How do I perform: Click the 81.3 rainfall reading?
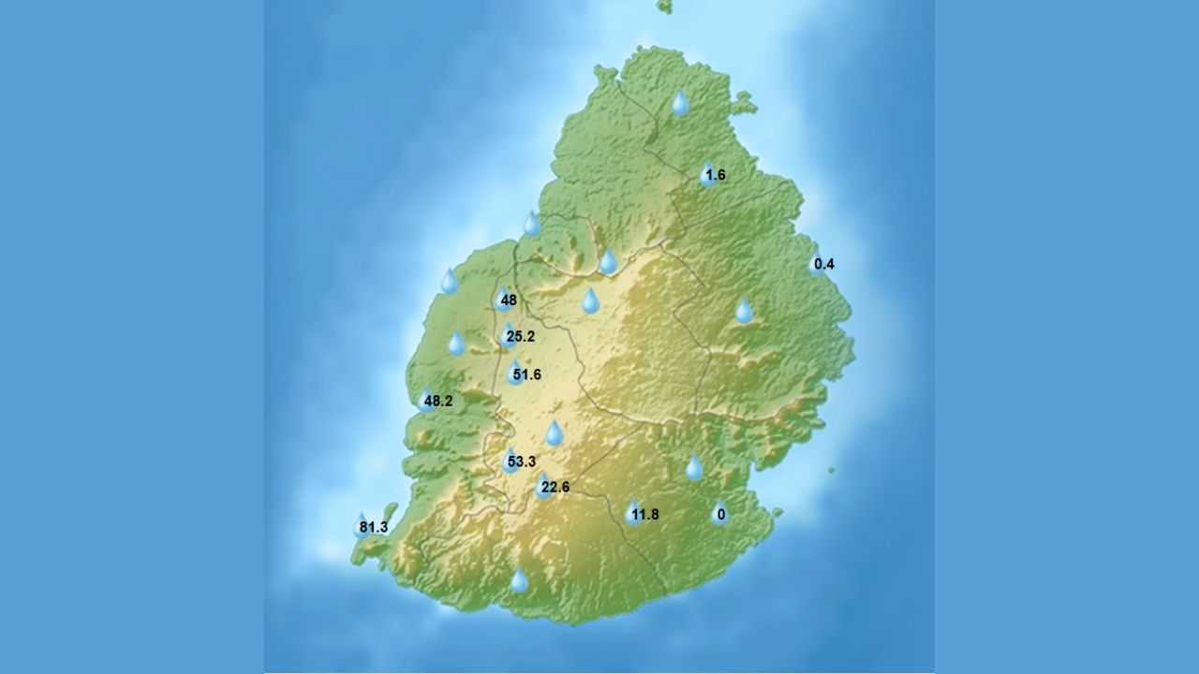coord(373,528)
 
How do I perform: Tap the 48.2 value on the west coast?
coord(437,402)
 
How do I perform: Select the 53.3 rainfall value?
coord(521,462)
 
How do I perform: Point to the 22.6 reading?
coord(555,487)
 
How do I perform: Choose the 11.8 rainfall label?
coord(645,514)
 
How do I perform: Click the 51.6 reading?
coord(526,375)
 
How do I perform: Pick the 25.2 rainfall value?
coord(520,336)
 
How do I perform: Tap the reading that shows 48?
coord(509,300)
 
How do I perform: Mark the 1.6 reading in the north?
coord(715,175)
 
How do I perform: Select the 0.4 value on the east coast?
coord(823,264)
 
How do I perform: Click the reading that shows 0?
coord(720,514)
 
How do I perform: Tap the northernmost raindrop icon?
coord(681,102)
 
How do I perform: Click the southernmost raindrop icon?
coord(519,581)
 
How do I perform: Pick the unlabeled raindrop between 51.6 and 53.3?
coord(555,432)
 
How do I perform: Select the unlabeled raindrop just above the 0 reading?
coord(694,467)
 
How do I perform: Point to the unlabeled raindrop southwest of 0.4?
coord(744,311)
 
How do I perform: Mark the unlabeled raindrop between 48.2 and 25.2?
coord(456,344)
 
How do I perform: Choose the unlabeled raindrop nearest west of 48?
coord(450,281)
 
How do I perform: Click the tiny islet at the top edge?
coord(665,7)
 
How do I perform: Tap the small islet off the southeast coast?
coord(831,470)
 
